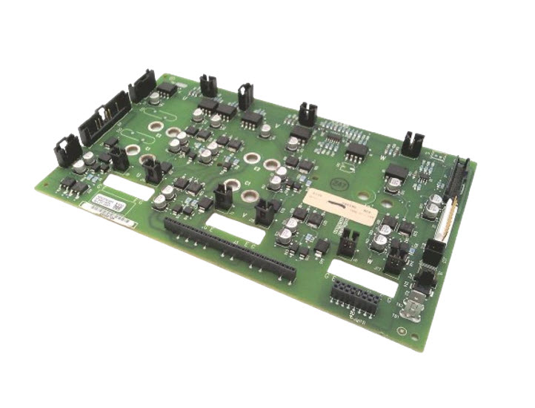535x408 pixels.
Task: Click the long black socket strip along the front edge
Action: click(x=230, y=249)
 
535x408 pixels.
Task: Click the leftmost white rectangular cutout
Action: click(x=127, y=186)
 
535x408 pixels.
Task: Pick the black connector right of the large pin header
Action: click(x=141, y=87)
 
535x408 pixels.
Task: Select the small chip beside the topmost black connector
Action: click(x=167, y=88)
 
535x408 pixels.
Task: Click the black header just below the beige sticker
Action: click(x=348, y=239)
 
